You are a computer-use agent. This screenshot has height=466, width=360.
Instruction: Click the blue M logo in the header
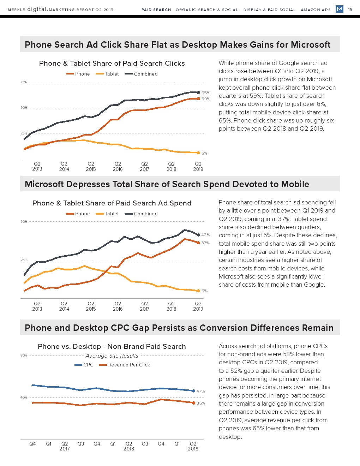(x=340, y=9)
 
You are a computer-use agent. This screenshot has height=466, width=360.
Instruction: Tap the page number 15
(x=350, y=10)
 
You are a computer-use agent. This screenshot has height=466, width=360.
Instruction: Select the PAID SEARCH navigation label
(x=156, y=10)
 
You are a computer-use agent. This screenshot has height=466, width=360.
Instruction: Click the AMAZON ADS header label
(x=316, y=10)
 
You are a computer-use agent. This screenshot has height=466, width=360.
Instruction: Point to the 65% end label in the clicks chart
(x=206, y=93)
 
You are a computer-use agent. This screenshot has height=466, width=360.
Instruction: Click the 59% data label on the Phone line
(x=206, y=99)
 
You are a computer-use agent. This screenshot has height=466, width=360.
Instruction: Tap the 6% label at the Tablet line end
(x=204, y=153)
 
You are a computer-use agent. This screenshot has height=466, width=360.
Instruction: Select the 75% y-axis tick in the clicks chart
(x=24, y=82)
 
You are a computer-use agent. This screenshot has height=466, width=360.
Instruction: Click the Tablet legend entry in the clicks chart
(x=107, y=74)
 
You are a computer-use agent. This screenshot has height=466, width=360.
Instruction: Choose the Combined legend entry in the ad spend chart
(x=141, y=214)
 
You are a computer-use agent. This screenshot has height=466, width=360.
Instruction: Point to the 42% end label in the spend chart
(x=205, y=235)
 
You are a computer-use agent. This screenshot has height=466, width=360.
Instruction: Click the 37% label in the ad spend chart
(x=205, y=243)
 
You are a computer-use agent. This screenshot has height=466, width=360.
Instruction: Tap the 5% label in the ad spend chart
(x=204, y=291)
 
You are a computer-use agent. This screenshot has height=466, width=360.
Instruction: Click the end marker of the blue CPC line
(x=194, y=391)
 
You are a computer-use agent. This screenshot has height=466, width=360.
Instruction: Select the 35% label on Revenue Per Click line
(x=201, y=403)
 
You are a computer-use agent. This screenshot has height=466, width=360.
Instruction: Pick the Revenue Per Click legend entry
(x=125, y=365)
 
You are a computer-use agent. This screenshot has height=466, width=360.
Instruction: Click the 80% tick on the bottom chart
(x=24, y=356)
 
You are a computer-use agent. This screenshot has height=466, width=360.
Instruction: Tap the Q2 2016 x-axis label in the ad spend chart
(x=118, y=306)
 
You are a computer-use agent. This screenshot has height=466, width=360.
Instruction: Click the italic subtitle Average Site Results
(x=112, y=356)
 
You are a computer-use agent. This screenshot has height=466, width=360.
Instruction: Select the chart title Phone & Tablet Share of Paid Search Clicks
(x=112, y=63)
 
